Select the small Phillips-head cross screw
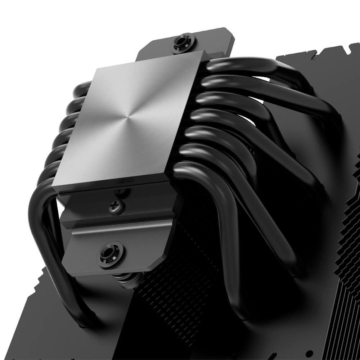click(117, 207)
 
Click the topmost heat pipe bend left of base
click(82, 88)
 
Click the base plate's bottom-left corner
click(53, 185)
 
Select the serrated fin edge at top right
click(317, 52)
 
